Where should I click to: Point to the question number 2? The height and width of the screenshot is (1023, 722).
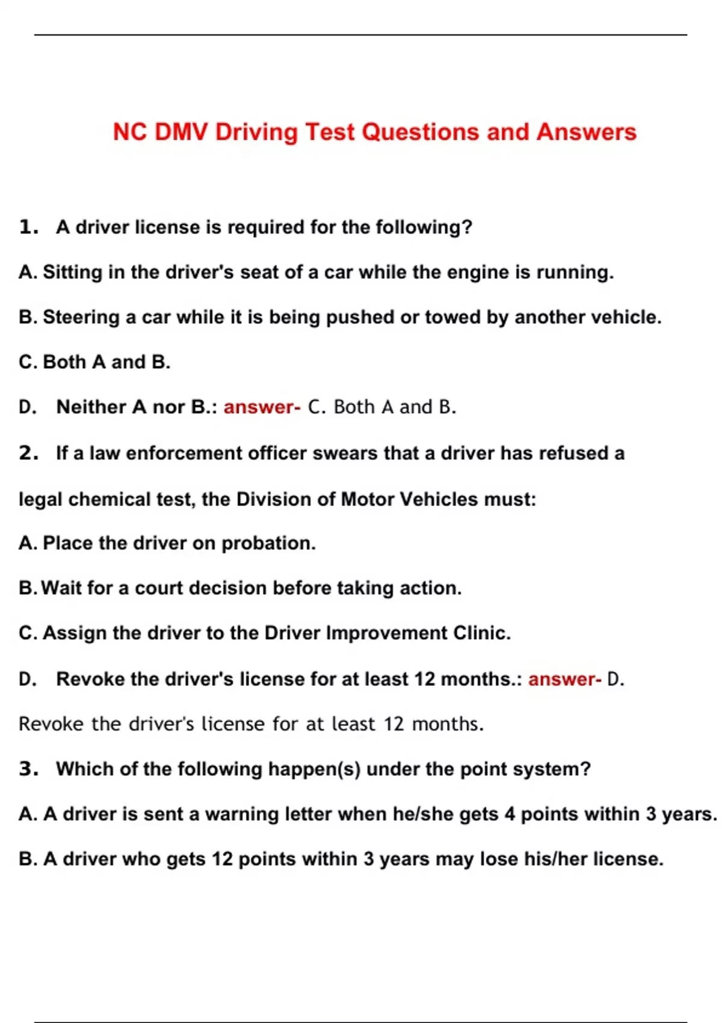pyautogui.click(x=28, y=453)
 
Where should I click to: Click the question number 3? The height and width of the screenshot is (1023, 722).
pyautogui.click(x=28, y=769)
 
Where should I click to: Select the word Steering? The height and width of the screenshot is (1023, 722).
pyautogui.click(x=81, y=317)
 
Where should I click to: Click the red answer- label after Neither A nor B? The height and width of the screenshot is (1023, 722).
pyautogui.click(x=262, y=407)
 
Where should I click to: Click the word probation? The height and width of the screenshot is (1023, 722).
pyautogui.click(x=268, y=543)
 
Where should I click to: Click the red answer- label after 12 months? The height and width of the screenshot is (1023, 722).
pyautogui.click(x=564, y=679)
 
